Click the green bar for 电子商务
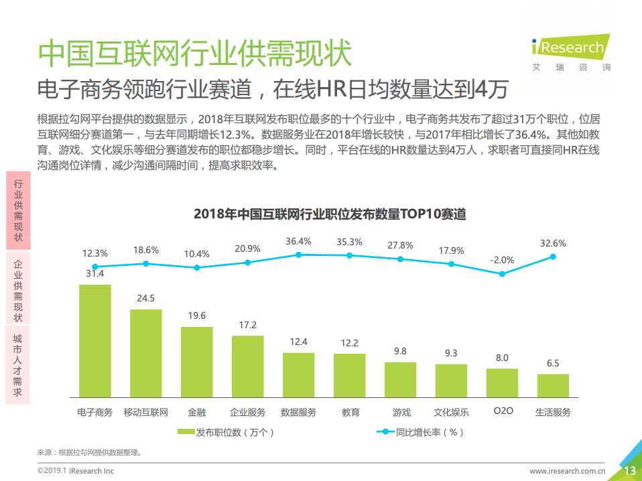pos(95,342)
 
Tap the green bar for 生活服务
pos(553,386)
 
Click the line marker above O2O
pos(502,273)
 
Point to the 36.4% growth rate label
pos(298,241)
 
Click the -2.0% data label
pos(502,260)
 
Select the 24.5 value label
pos(145,298)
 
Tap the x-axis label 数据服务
pos(298,412)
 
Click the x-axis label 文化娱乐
pos(451,412)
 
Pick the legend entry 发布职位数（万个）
pos(227,432)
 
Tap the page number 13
pos(630,471)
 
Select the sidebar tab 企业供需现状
pos(18,287)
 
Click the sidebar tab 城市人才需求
pos(18,364)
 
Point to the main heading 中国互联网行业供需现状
pos(194,53)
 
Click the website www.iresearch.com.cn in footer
pos(568,471)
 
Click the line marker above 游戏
pos(400,259)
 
